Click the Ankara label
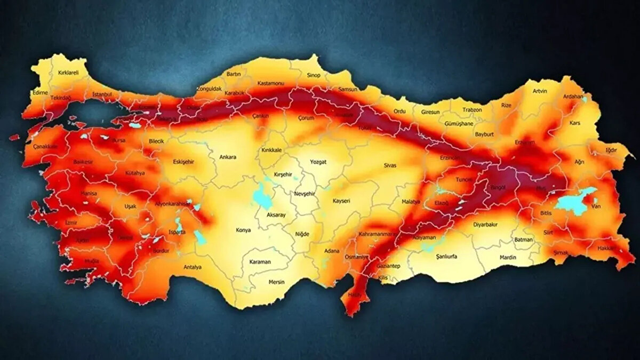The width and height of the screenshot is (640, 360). pos(228,157)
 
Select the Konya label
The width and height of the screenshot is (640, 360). pos(243,230)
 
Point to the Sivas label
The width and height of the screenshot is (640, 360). pos(390,166)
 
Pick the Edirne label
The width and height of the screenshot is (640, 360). pos(40,92)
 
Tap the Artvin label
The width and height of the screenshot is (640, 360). pos(540,91)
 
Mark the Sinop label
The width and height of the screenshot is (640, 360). pos(313,76)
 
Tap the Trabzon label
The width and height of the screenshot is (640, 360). pos(472,110)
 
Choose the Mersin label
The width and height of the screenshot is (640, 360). pos(276,282)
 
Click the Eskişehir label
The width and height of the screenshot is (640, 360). pos(183,161)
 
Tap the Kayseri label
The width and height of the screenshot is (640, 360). pos(340,201)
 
